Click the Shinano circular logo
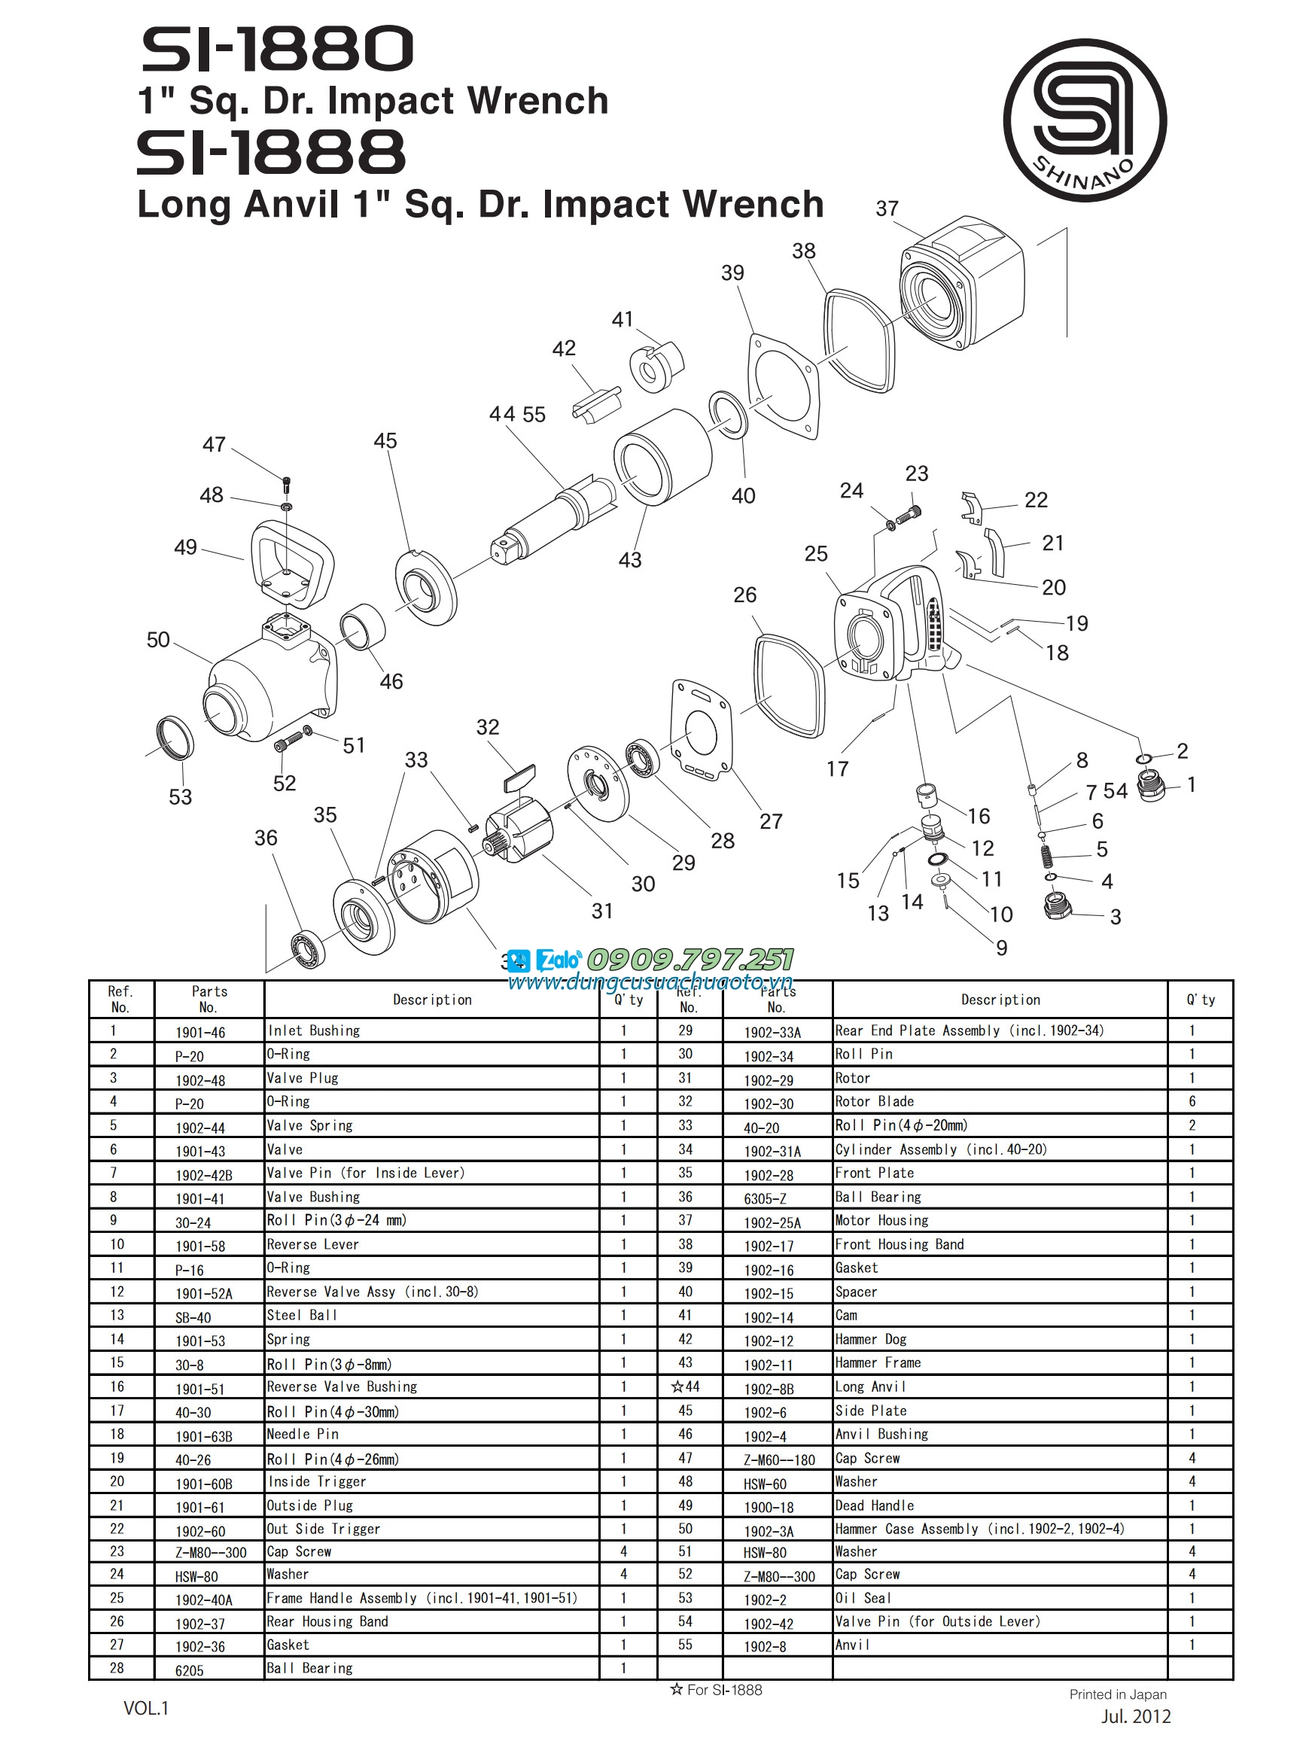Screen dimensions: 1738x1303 tap(1084, 120)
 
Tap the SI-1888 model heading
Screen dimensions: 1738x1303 tap(271, 153)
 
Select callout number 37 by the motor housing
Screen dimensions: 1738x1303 tap(887, 209)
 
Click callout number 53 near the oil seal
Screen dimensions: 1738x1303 tap(180, 796)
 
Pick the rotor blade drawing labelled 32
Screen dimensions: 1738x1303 tap(519, 778)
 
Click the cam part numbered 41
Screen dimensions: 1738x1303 tap(656, 365)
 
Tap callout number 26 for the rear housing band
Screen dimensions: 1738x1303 tap(744, 595)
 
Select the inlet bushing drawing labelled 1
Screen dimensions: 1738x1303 tap(1152, 786)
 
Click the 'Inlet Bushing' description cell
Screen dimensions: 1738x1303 tap(314, 1030)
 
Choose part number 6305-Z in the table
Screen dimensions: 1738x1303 tap(765, 1198)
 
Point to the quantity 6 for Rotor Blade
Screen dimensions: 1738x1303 tap(1192, 1101)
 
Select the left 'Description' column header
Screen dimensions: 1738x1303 tap(432, 1000)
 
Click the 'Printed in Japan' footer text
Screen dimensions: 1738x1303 tap(1117, 1694)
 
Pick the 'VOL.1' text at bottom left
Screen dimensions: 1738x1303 tap(146, 1707)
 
